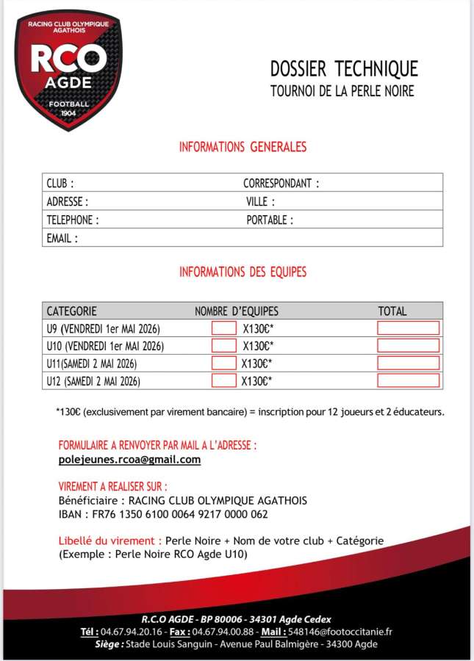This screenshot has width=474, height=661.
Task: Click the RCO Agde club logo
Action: pyautogui.click(x=69, y=71)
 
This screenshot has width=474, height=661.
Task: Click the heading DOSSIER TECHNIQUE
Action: pyautogui.click(x=344, y=69)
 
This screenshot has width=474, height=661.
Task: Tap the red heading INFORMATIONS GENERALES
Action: pyautogui.click(x=243, y=147)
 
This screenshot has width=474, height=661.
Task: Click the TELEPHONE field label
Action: pyautogui.click(x=73, y=220)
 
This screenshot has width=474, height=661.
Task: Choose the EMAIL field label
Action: pyautogui.click(x=62, y=238)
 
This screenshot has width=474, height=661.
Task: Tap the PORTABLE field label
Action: pyautogui.click(x=270, y=220)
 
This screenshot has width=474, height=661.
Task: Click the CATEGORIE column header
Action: pyautogui.click(x=72, y=311)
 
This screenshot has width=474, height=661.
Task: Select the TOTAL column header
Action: pyautogui.click(x=392, y=311)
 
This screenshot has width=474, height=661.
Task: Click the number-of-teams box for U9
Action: pyautogui.click(x=224, y=328)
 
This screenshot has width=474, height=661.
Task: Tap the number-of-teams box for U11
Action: pyautogui.click(x=224, y=363)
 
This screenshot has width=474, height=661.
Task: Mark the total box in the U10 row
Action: pyautogui.click(x=408, y=346)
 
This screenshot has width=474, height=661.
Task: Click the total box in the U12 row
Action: pyautogui.click(x=408, y=380)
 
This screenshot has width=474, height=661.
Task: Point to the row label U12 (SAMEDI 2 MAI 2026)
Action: pyautogui.click(x=93, y=381)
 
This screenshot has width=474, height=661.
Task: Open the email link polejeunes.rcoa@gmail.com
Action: pyautogui.click(x=129, y=460)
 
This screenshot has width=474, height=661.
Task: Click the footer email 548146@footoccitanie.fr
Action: pyautogui.click(x=349, y=632)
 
